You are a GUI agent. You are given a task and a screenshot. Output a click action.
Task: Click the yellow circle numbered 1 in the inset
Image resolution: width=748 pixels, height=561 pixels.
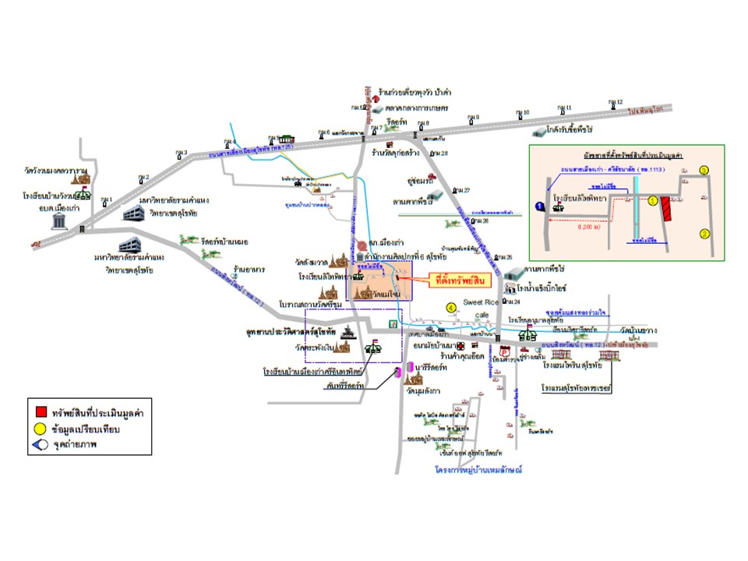tap(653, 200)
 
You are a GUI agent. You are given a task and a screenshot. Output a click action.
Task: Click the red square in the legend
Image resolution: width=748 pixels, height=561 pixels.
tap(41, 411)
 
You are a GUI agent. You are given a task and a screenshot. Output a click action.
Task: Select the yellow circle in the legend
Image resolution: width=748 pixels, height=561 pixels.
tap(41, 429)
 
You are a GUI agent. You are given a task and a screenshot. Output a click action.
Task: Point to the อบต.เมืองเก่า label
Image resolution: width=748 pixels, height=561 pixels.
tap(57, 208)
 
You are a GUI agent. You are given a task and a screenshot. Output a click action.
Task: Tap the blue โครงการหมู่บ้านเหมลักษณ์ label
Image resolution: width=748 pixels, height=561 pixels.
tap(478, 471)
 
